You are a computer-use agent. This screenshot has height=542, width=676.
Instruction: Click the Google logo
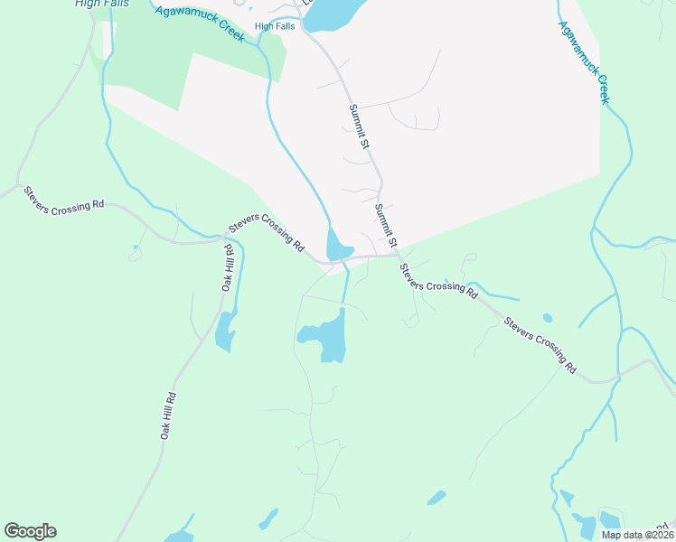(x=30, y=531)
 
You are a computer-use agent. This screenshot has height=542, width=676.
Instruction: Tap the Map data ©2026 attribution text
(x=636, y=535)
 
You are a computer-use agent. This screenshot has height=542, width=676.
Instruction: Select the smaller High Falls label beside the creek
(x=275, y=26)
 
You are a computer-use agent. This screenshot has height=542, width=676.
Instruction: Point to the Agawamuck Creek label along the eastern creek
(x=583, y=64)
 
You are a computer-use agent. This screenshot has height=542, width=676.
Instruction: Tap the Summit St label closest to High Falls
(x=361, y=126)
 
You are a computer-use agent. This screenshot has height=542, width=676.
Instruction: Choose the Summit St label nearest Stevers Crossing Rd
(x=386, y=226)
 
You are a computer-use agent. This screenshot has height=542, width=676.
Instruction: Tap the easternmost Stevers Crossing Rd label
(x=540, y=344)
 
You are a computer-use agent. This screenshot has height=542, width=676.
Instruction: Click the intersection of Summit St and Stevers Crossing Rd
(x=397, y=255)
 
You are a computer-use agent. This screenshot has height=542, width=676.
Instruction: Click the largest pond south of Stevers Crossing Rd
(x=328, y=338)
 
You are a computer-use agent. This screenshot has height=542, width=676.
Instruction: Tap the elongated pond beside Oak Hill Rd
(x=226, y=331)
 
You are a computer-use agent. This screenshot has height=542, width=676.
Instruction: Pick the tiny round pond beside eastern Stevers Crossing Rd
(x=548, y=318)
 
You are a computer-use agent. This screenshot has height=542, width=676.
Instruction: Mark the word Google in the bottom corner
(x=30, y=531)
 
